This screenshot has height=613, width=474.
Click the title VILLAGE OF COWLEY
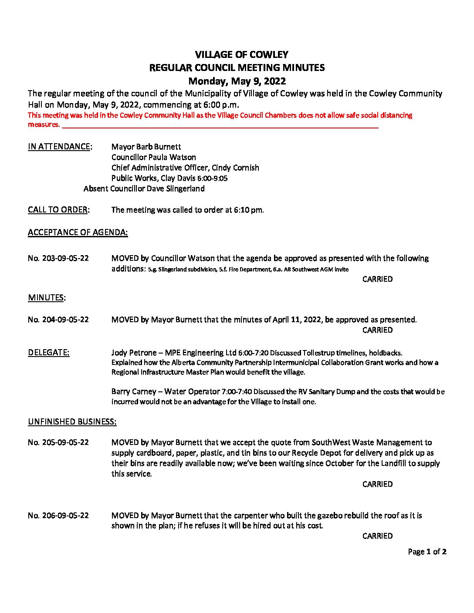tap(241, 55)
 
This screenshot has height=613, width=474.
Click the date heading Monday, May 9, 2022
tap(237, 81)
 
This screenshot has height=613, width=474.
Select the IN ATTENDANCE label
tap(60, 147)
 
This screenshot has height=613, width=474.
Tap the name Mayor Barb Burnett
tap(146, 147)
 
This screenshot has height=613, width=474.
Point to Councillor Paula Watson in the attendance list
tap(153, 157)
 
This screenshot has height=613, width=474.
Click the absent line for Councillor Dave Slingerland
tap(144, 189)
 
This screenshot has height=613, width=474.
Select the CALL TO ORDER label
tap(58, 210)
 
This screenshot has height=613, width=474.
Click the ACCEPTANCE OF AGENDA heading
tap(78, 232)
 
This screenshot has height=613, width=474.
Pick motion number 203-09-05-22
tap(58, 258)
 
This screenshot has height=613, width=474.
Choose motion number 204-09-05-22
tap(58, 320)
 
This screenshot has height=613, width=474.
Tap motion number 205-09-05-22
tap(58, 442)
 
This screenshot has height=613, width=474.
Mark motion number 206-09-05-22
tap(58, 515)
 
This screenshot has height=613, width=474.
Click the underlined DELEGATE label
tap(48, 353)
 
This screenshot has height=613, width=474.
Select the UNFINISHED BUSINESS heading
tap(72, 422)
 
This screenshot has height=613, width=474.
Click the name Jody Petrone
tap(134, 353)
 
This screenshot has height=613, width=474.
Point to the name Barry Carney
tap(134, 391)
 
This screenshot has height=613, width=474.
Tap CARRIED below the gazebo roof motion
tap(377, 536)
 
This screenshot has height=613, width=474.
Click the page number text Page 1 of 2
tap(427, 552)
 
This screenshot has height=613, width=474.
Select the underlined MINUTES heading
tap(46, 298)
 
